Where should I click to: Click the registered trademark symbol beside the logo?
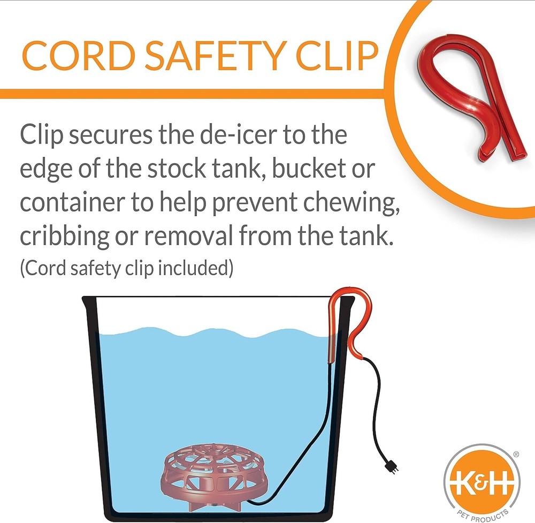516,454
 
